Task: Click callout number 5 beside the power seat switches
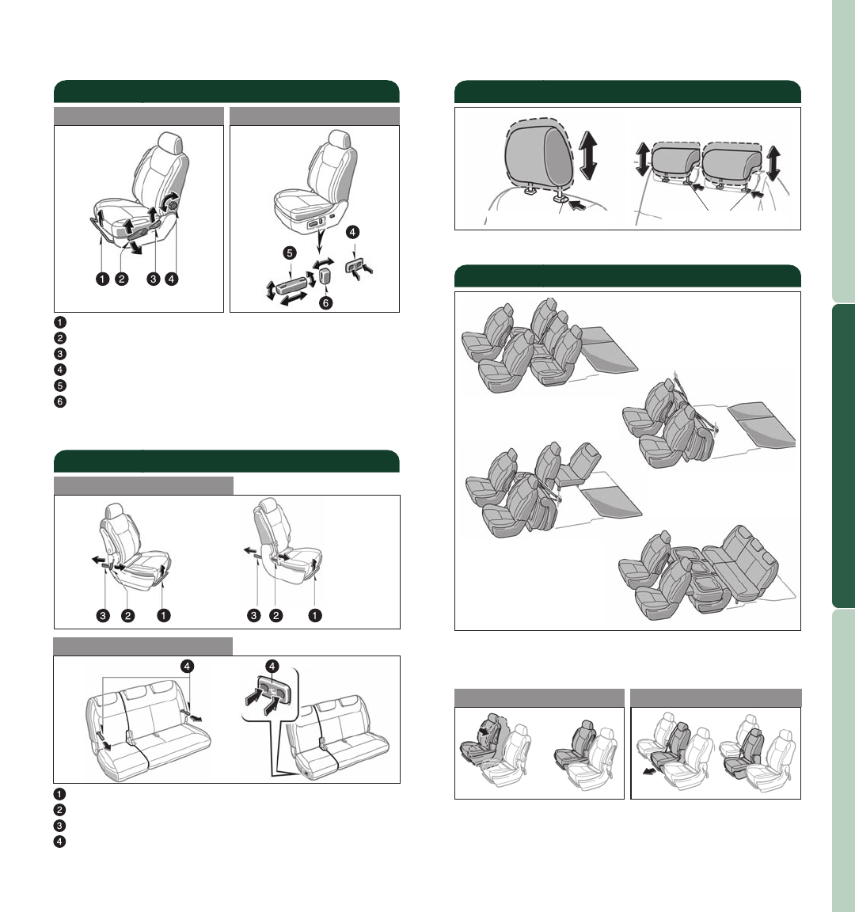pos(290,253)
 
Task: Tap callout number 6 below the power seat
pos(325,303)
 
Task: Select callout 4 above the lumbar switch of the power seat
pos(352,232)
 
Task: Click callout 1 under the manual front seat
pos(102,279)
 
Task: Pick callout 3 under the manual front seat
pos(153,279)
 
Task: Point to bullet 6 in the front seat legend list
pos(60,401)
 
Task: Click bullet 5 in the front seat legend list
pos(60,386)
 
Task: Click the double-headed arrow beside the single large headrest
pos(588,154)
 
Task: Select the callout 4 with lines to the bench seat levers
pos(188,666)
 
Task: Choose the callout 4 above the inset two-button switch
pos(272,666)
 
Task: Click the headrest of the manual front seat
pos(171,142)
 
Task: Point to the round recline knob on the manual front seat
pos(172,202)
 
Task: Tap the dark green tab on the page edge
pos(843,456)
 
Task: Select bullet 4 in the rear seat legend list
pos(59,842)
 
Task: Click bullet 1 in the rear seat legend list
pos(59,794)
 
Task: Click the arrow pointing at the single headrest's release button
pos(577,204)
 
